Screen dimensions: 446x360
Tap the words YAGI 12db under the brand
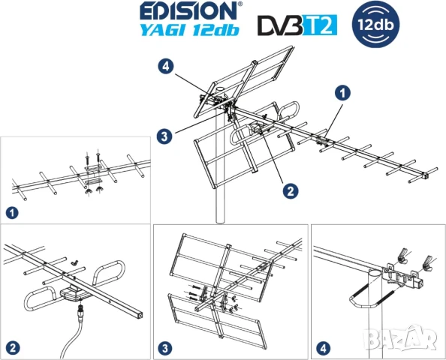[x=190, y=29]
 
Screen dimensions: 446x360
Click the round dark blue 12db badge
[x=375, y=24]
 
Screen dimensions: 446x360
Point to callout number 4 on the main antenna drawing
[x=166, y=67]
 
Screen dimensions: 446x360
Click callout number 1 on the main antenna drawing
[x=342, y=93]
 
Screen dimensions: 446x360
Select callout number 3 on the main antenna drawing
[x=164, y=136]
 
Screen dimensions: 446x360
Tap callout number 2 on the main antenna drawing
[x=291, y=190]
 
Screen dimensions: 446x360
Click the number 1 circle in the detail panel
[x=12, y=213]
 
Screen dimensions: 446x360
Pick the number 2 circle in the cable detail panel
[x=13, y=348]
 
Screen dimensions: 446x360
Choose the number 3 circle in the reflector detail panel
[x=165, y=348]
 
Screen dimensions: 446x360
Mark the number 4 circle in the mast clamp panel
[x=324, y=348]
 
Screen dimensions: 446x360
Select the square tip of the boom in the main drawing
[x=425, y=175]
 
